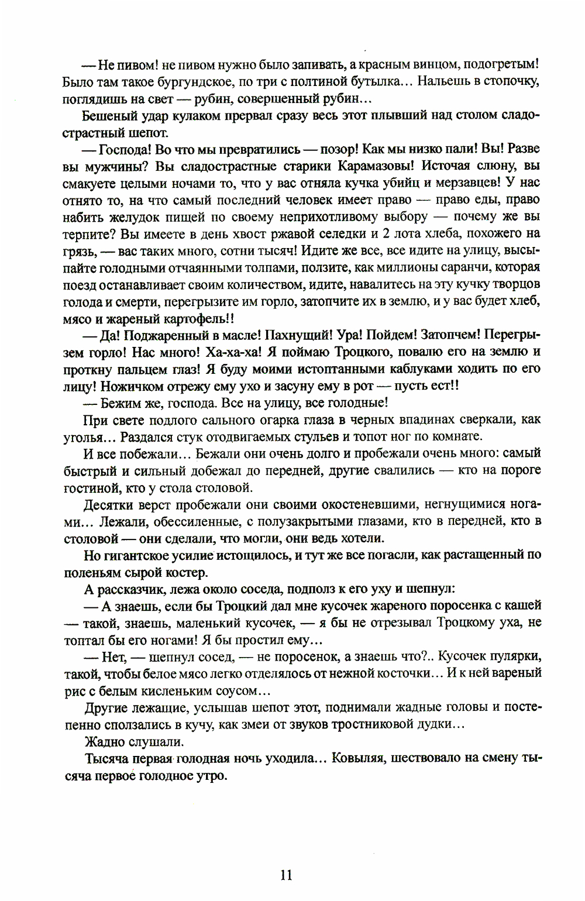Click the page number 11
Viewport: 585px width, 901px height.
coord(286,875)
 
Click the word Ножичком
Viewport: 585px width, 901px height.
coord(130,386)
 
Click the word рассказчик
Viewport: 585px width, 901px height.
coord(130,589)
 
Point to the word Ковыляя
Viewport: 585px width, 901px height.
coord(357,758)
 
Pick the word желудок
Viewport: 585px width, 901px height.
coord(133,217)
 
